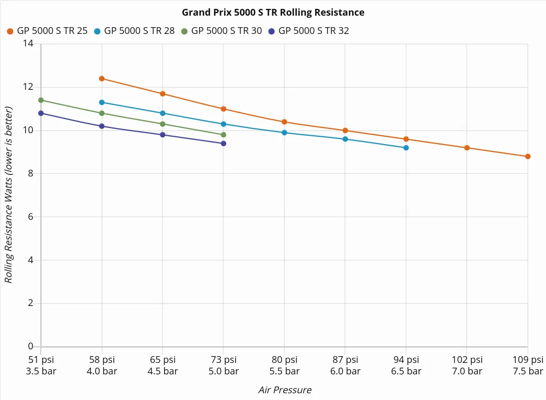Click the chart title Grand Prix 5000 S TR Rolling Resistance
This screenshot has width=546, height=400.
point(273,12)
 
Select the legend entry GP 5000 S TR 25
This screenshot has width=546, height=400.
point(47,31)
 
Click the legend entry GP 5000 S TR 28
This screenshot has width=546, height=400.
point(134,31)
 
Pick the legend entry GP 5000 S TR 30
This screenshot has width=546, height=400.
point(222,31)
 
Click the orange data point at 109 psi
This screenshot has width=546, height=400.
point(528,156)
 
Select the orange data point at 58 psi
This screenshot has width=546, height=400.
point(102,78)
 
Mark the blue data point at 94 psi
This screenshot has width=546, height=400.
point(406,148)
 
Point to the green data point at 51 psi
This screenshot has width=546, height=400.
point(41,100)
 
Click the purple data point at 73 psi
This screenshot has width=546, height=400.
point(224,143)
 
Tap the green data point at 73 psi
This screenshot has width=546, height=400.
point(224,135)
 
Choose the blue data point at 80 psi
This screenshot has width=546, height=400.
point(284,133)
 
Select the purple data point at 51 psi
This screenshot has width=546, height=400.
point(41,113)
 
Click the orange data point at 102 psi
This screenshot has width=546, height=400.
point(467,148)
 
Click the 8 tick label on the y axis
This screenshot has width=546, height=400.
point(30,173)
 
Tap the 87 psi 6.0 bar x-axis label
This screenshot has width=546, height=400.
point(345,366)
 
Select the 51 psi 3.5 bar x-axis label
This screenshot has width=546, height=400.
point(41,366)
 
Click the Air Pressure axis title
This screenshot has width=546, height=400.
point(285,390)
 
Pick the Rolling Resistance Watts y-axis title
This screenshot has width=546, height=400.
point(8,195)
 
